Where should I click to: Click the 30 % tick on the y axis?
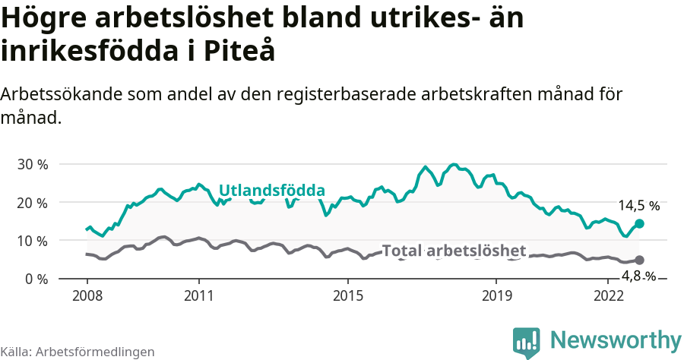(x=32, y=165)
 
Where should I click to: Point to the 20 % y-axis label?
(x=32, y=203)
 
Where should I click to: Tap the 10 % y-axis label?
(x=32, y=241)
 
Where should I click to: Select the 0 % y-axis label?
(x=36, y=279)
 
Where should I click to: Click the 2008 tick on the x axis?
(x=87, y=295)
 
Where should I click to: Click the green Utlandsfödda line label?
(x=271, y=191)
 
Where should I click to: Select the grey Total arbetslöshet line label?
(x=454, y=251)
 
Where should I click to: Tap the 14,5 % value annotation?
(x=638, y=206)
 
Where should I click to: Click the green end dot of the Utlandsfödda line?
(x=639, y=223)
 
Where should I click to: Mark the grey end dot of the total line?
(x=639, y=261)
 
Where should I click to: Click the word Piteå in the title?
(x=239, y=51)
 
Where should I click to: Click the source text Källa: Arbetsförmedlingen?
(x=78, y=352)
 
